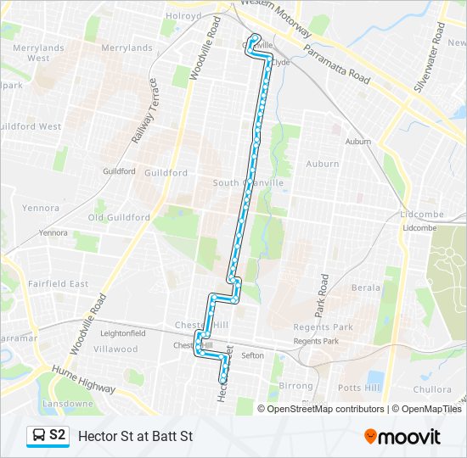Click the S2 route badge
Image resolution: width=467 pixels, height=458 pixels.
point(48,436)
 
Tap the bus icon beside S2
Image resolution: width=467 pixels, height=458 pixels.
point(39,436)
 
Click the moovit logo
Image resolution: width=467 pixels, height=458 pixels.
point(402,437)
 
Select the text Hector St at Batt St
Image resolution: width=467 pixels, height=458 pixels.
point(136,437)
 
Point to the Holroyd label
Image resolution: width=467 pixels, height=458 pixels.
point(183,16)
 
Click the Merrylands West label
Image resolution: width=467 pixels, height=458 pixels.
point(26,53)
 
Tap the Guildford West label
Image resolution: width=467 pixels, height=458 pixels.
point(31,126)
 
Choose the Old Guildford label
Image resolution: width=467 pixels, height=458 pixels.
point(119,218)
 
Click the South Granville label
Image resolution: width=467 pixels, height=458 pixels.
point(248,183)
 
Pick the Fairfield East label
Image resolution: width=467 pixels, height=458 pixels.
point(58,283)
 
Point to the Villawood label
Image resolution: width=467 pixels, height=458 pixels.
point(115,349)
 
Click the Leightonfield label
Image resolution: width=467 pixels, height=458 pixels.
point(123,333)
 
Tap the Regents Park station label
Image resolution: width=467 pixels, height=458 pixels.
point(316,341)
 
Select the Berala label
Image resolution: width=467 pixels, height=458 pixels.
point(366,288)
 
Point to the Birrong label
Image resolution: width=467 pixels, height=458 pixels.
point(296,386)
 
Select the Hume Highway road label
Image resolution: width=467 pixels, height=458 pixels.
point(83,378)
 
